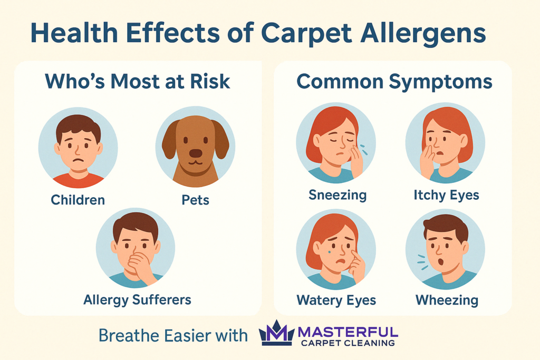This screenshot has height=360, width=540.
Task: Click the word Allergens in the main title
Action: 423,33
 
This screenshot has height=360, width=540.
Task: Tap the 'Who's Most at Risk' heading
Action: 138,82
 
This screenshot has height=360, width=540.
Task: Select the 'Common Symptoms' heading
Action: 394,82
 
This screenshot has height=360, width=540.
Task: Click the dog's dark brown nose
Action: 196,153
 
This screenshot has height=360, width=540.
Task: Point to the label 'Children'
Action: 78,200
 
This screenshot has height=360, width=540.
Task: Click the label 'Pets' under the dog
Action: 195,200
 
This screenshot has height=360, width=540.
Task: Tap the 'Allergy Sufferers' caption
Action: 137,300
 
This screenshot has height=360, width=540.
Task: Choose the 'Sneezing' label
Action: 337,195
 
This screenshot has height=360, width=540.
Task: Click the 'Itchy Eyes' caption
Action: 446,195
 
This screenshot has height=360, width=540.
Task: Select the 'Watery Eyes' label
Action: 336,300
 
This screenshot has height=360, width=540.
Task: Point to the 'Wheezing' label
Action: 447,300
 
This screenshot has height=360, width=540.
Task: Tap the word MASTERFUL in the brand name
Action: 348,332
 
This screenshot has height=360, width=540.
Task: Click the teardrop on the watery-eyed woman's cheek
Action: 330,251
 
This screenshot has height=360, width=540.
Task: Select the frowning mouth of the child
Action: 80,160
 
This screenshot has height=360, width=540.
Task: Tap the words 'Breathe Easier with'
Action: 173,335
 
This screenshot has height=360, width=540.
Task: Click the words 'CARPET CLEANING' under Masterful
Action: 348,343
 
